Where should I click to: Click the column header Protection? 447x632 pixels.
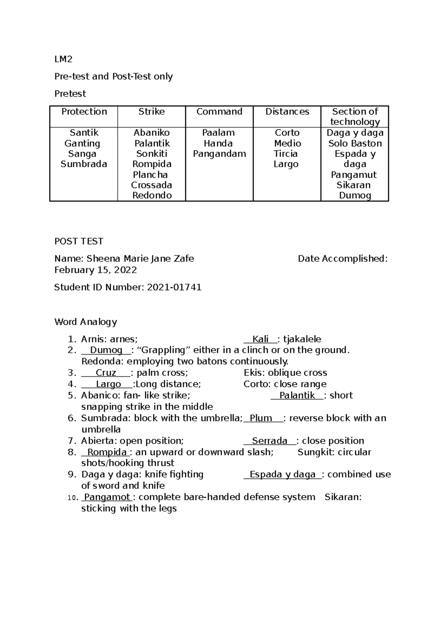tap(84, 111)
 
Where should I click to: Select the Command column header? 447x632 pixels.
tap(219, 111)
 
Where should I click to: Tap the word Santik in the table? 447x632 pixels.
tap(84, 133)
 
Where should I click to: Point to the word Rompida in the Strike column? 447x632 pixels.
tap(152, 164)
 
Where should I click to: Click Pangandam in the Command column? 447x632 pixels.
tap(219, 154)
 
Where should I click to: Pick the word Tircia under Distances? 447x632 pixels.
tap(285, 154)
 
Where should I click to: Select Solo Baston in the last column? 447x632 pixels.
tap(355, 143)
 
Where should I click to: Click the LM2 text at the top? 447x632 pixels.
tap(63, 59)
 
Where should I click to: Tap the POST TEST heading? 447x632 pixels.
tap(79, 241)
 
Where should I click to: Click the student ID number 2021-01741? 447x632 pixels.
tap(174, 287)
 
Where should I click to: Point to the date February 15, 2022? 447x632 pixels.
tap(95, 270)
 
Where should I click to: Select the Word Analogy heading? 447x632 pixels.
tap(86, 322)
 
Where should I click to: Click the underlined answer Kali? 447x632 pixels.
tap(260, 339)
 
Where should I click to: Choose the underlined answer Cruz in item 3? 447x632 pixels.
tap(106, 373)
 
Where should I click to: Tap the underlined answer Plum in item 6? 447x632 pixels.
tap(261, 418)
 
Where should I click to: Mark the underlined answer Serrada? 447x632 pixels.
tap(270, 441)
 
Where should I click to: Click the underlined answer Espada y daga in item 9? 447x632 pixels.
tap(282, 474)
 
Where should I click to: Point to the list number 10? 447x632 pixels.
tap(72, 498)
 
